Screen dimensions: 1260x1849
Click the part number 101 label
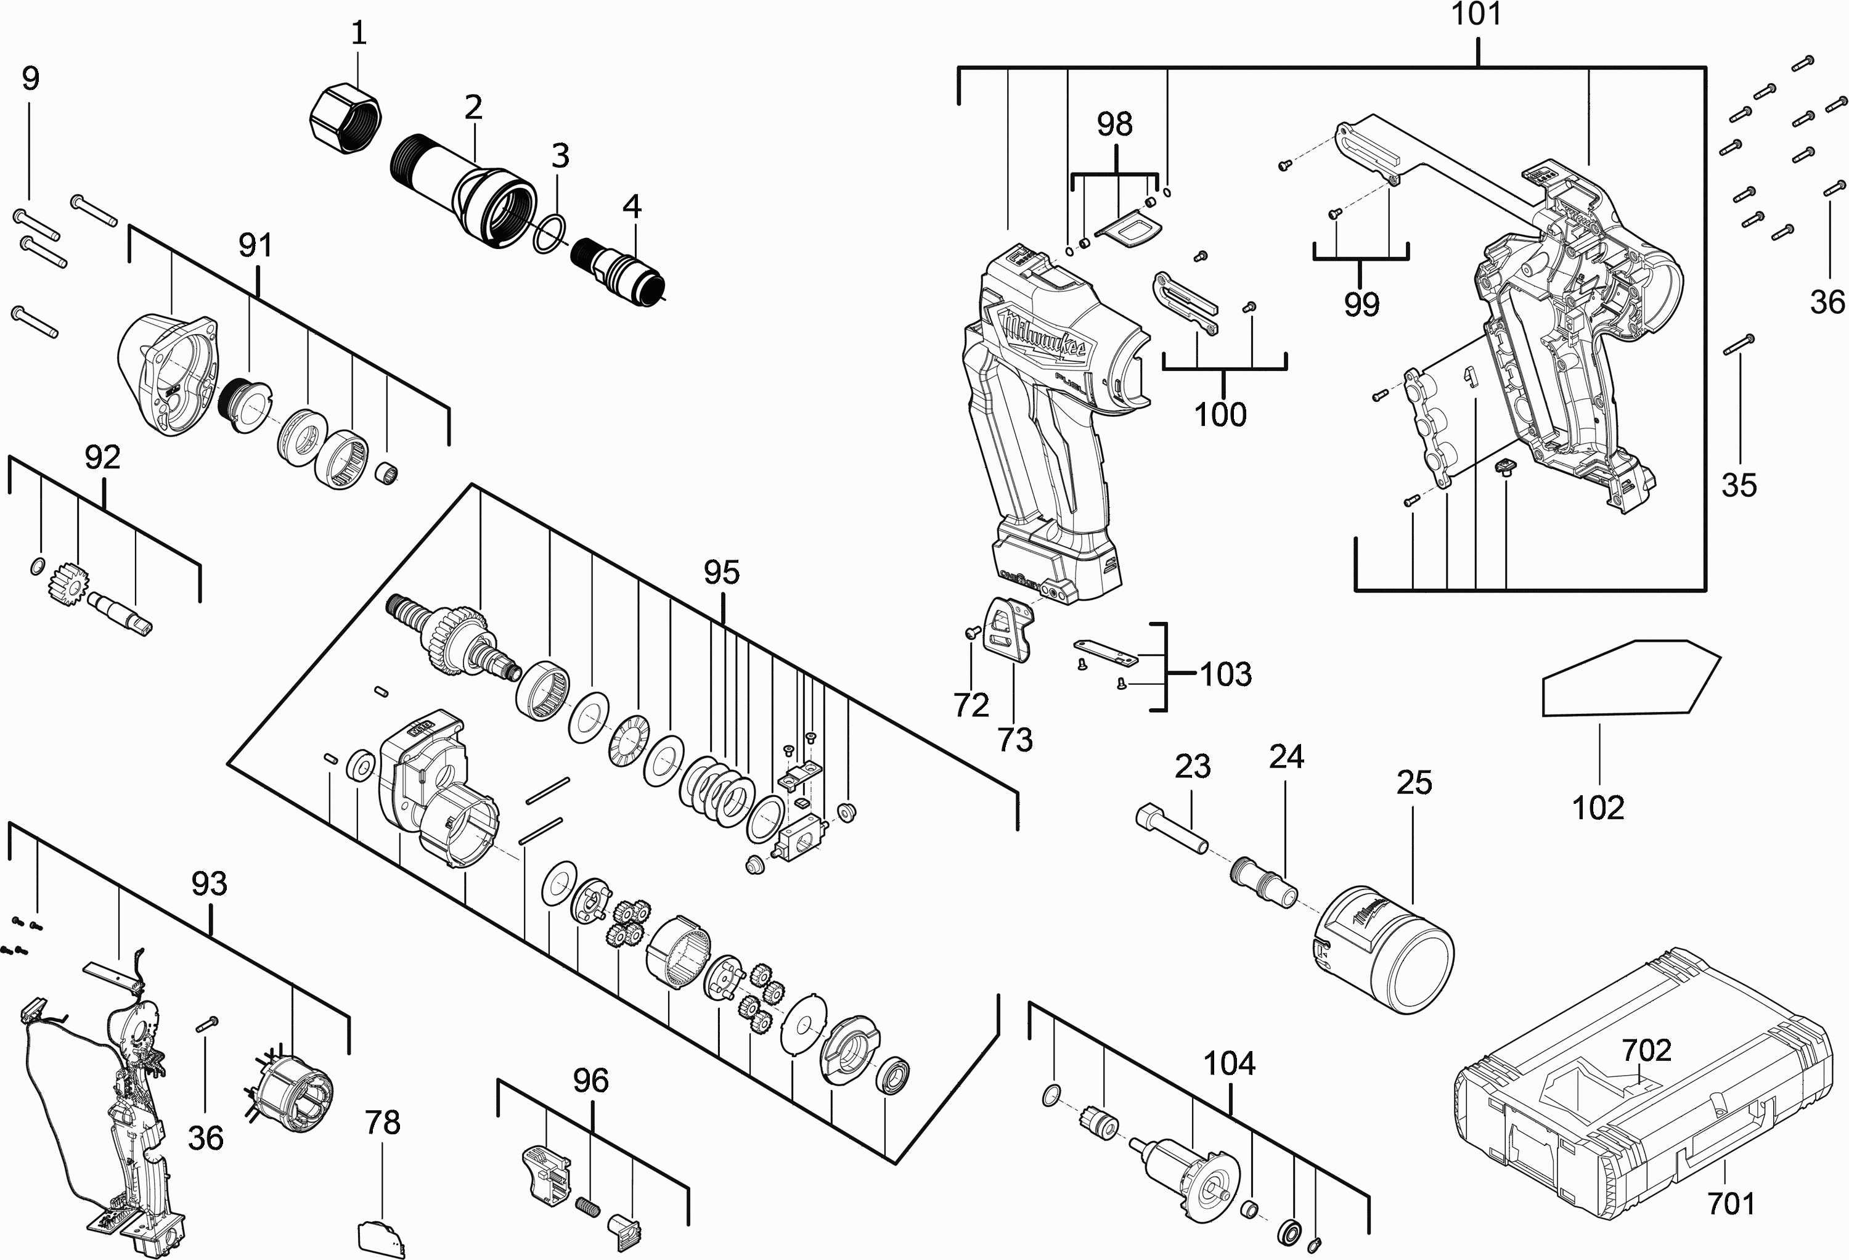tap(1477, 14)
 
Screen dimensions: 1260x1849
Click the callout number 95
tap(722, 572)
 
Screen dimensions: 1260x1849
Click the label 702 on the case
tap(1647, 1050)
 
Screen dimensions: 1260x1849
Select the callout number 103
tap(1226, 674)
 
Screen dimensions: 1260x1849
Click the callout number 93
tap(210, 883)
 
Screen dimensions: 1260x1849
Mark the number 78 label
tap(382, 1123)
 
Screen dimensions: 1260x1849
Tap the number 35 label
tap(1739, 485)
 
